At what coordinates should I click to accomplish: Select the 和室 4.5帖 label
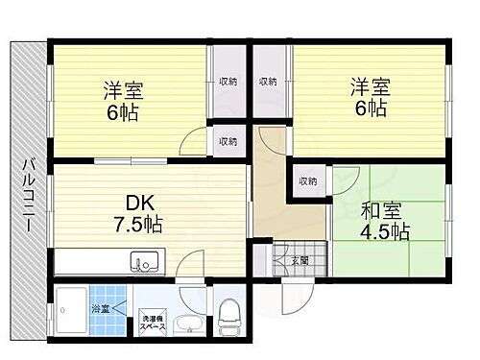tap(386, 221)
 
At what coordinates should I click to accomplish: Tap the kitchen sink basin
tap(143, 261)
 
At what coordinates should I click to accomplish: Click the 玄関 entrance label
tap(298, 259)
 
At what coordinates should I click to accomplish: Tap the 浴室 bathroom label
tap(100, 309)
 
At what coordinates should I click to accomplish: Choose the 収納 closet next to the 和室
tap(307, 180)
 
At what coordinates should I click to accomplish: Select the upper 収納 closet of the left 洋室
tap(228, 82)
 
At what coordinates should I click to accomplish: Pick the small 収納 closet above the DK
tap(228, 141)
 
